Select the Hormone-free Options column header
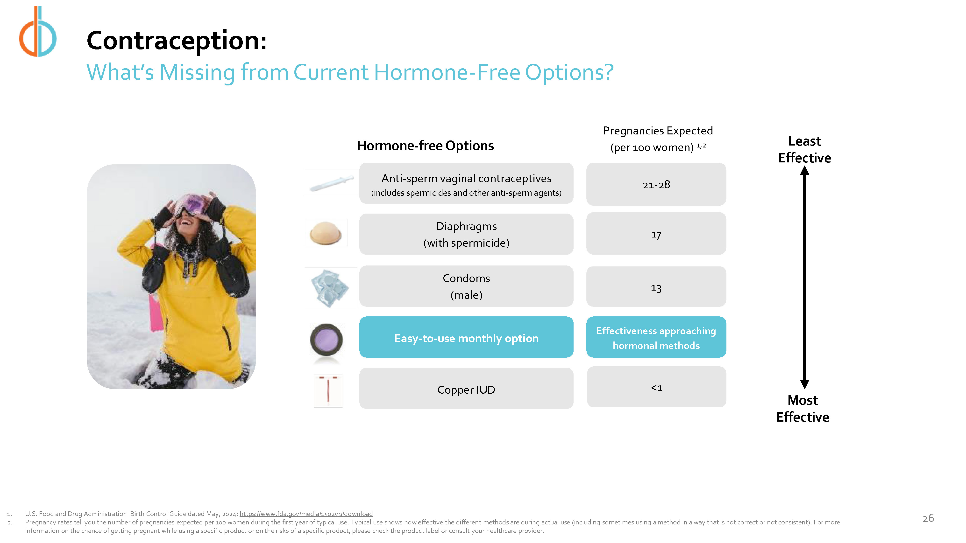[425, 145]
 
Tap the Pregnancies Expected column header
[658, 139]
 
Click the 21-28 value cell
[656, 184]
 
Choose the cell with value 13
[656, 287]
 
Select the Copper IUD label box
[466, 388]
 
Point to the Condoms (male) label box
[466, 286]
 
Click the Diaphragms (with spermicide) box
[466, 234]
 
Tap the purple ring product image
[327, 340]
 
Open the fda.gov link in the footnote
[306, 514]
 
